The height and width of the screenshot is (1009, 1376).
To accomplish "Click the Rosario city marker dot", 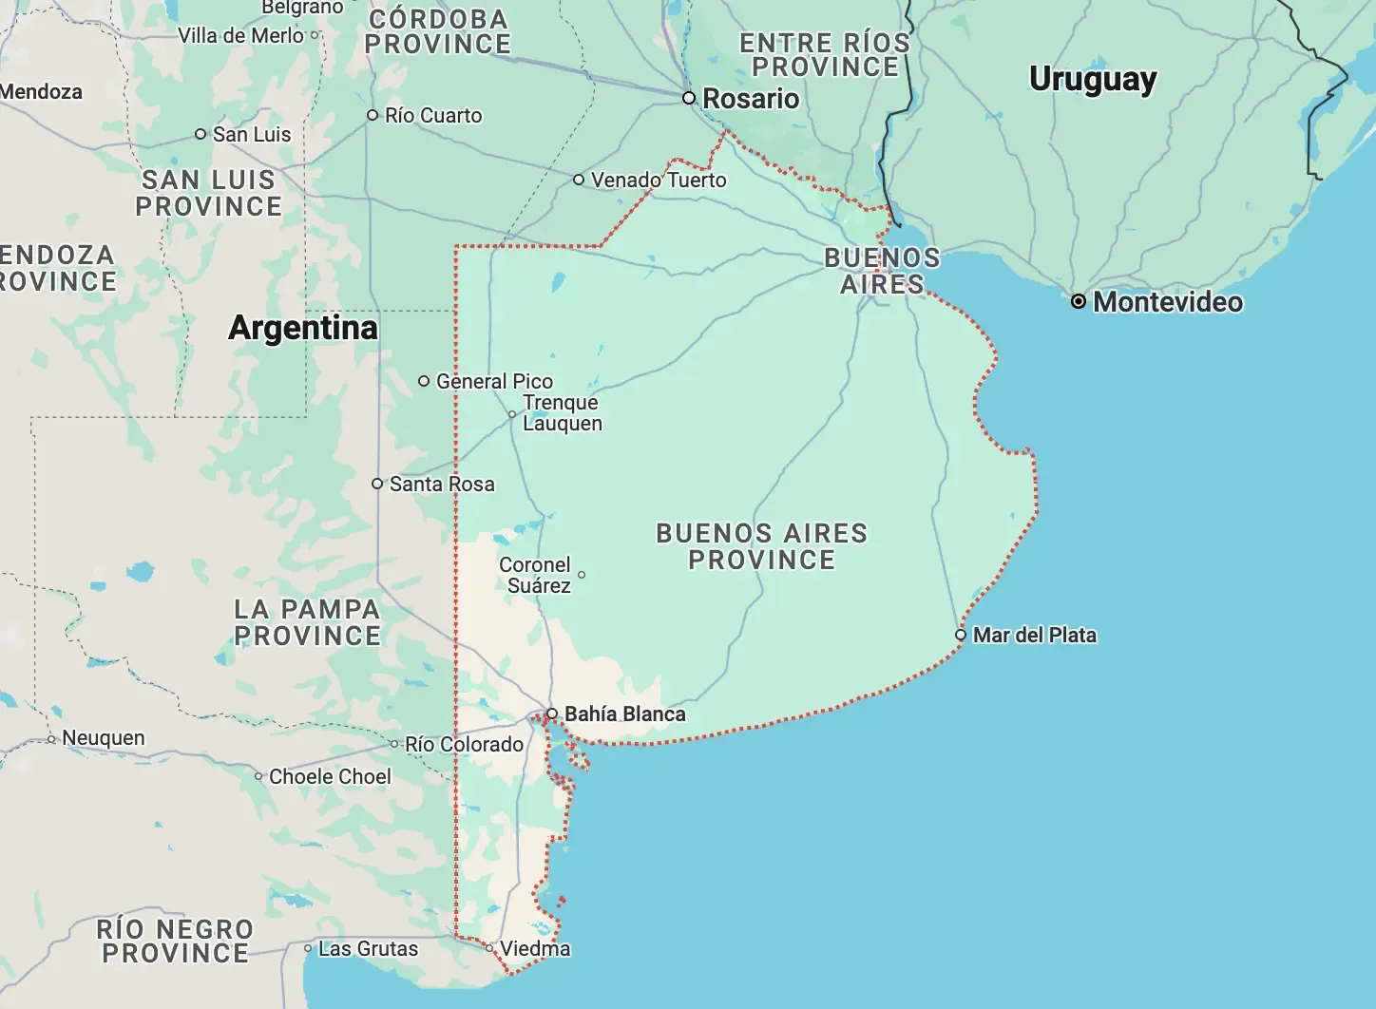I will coord(690,98).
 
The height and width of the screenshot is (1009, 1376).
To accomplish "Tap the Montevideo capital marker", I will coord(1079,301).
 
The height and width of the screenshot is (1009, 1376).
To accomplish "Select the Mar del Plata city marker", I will coord(961,635).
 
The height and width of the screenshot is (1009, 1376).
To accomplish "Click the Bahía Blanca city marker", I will coord(552,714).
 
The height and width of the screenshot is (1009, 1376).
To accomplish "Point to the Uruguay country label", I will coord(1093,79).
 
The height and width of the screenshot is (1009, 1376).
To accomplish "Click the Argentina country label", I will coord(303,328).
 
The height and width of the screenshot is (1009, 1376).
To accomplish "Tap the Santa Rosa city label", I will coord(442,484).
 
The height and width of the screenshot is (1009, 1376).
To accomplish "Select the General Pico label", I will coord(494,381).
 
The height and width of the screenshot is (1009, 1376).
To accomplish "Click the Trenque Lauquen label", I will coord(562,413).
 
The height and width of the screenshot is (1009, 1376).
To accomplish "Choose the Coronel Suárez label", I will coord(536,575).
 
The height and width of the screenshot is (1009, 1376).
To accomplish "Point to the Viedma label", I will coord(535,948).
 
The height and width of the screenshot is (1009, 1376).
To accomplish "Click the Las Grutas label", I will coord(368,948).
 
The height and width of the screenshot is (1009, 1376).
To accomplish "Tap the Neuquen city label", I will coord(104,738).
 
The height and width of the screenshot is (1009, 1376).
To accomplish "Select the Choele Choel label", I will coord(330,776).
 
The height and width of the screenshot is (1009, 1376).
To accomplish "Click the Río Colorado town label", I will coord(464,744).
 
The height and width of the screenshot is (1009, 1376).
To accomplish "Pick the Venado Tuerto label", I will coord(659,180).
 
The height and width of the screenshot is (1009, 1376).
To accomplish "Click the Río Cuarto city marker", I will coord(373,115).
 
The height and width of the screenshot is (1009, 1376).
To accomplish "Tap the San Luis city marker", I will coord(201,134).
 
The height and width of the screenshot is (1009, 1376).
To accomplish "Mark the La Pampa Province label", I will coord(307,622).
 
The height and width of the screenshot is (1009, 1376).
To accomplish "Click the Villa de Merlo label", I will coord(240,35).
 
